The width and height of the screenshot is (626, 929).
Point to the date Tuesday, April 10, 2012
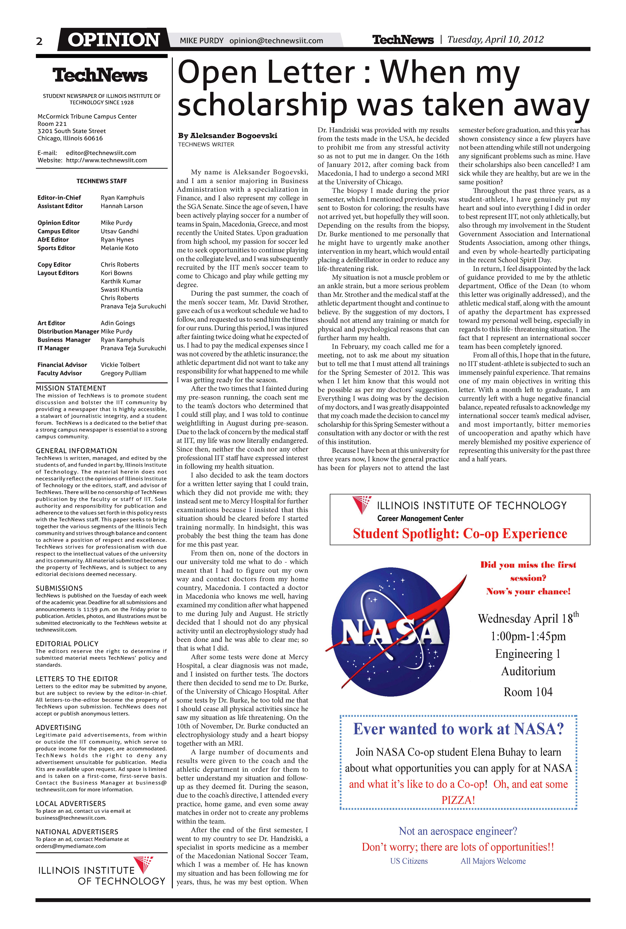495,39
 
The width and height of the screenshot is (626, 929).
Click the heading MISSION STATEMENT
71,388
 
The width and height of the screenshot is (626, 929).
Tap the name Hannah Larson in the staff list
122,206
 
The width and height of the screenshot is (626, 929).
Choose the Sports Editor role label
56,248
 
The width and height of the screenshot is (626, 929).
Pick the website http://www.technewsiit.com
107,160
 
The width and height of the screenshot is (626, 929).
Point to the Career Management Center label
420,518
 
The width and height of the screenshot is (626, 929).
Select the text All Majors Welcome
493,861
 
